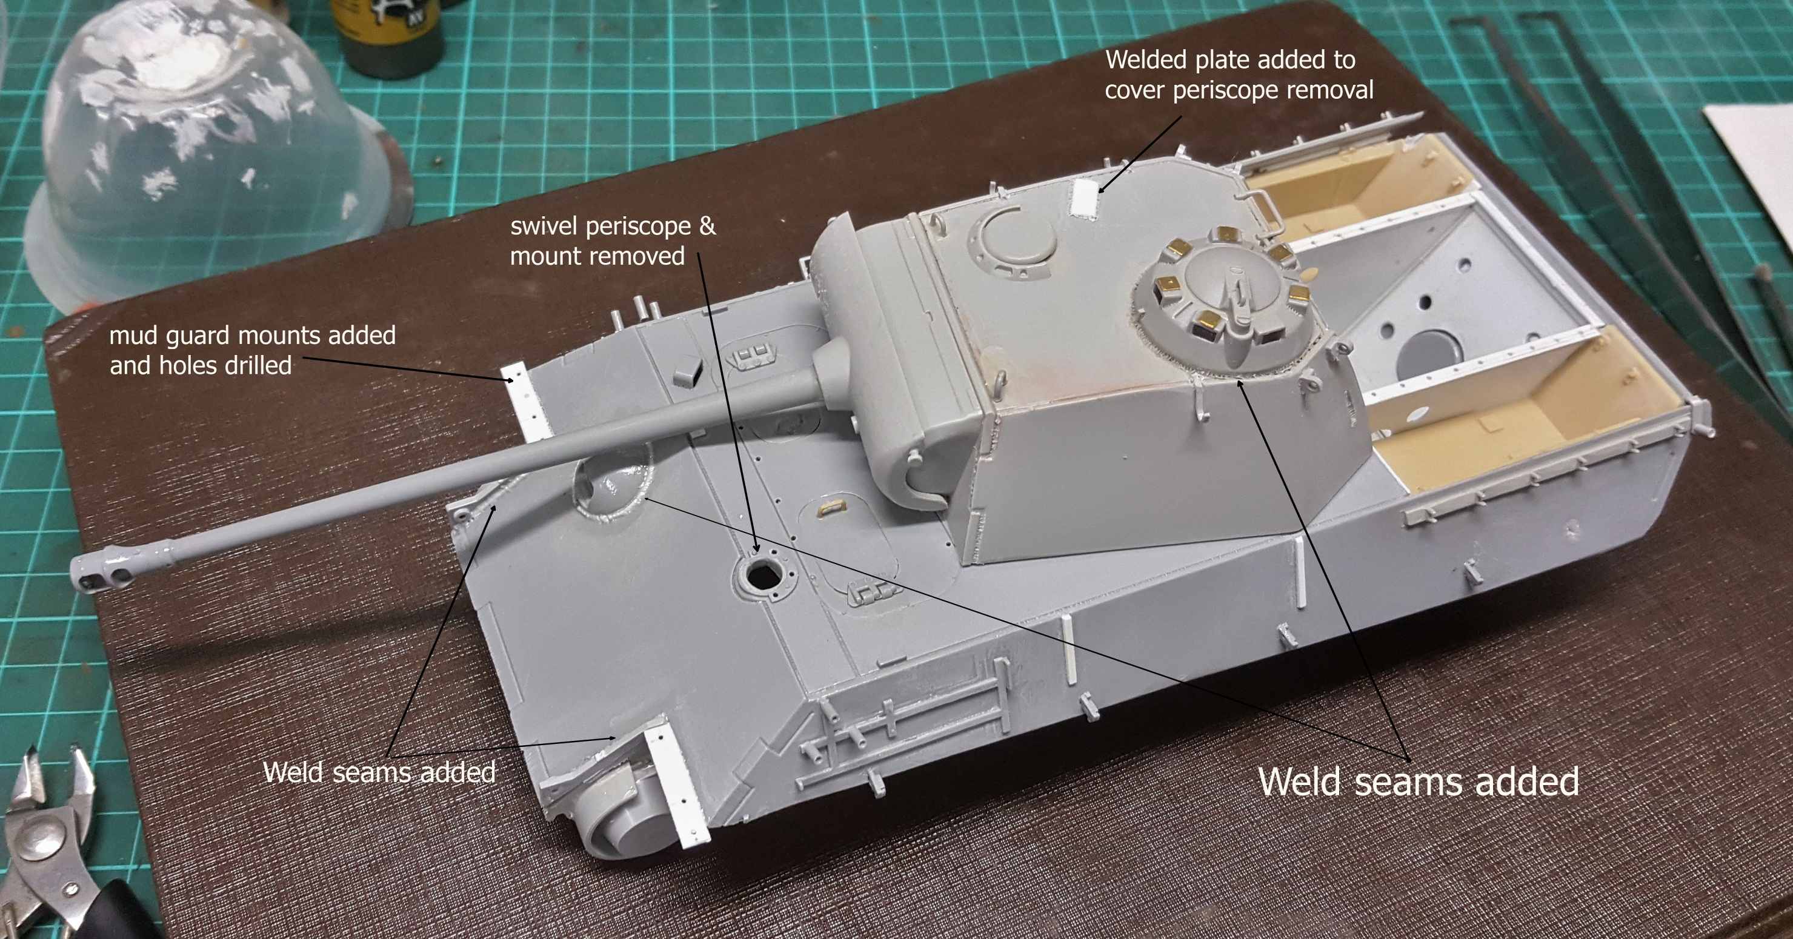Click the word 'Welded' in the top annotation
(1146, 60)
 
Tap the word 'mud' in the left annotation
(134, 336)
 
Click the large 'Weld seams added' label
(1419, 781)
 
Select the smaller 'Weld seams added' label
(379, 772)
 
